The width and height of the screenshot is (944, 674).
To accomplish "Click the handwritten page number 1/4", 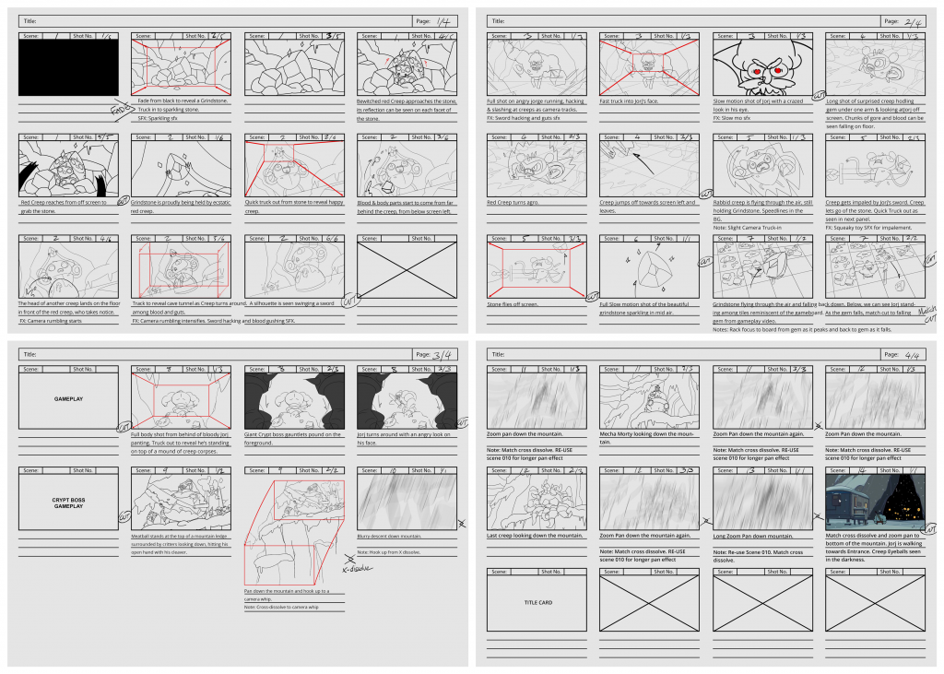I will click(443, 20).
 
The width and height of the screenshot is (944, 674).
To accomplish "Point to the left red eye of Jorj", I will click(759, 71).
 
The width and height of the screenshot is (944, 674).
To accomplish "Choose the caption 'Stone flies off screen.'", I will click(512, 303).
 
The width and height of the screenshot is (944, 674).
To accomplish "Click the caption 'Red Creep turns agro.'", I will click(513, 202).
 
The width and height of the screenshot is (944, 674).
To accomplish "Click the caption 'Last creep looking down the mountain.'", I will click(536, 535).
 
